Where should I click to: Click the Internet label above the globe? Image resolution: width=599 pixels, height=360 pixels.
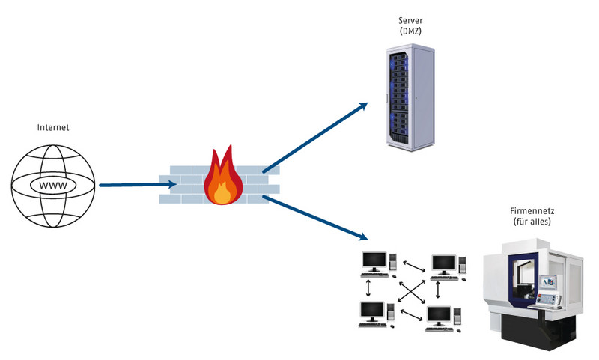(53, 128)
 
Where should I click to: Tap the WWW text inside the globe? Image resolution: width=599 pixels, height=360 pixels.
(53, 184)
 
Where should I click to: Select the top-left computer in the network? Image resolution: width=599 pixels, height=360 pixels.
(377, 263)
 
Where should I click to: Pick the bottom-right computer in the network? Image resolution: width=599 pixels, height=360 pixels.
(442, 317)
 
